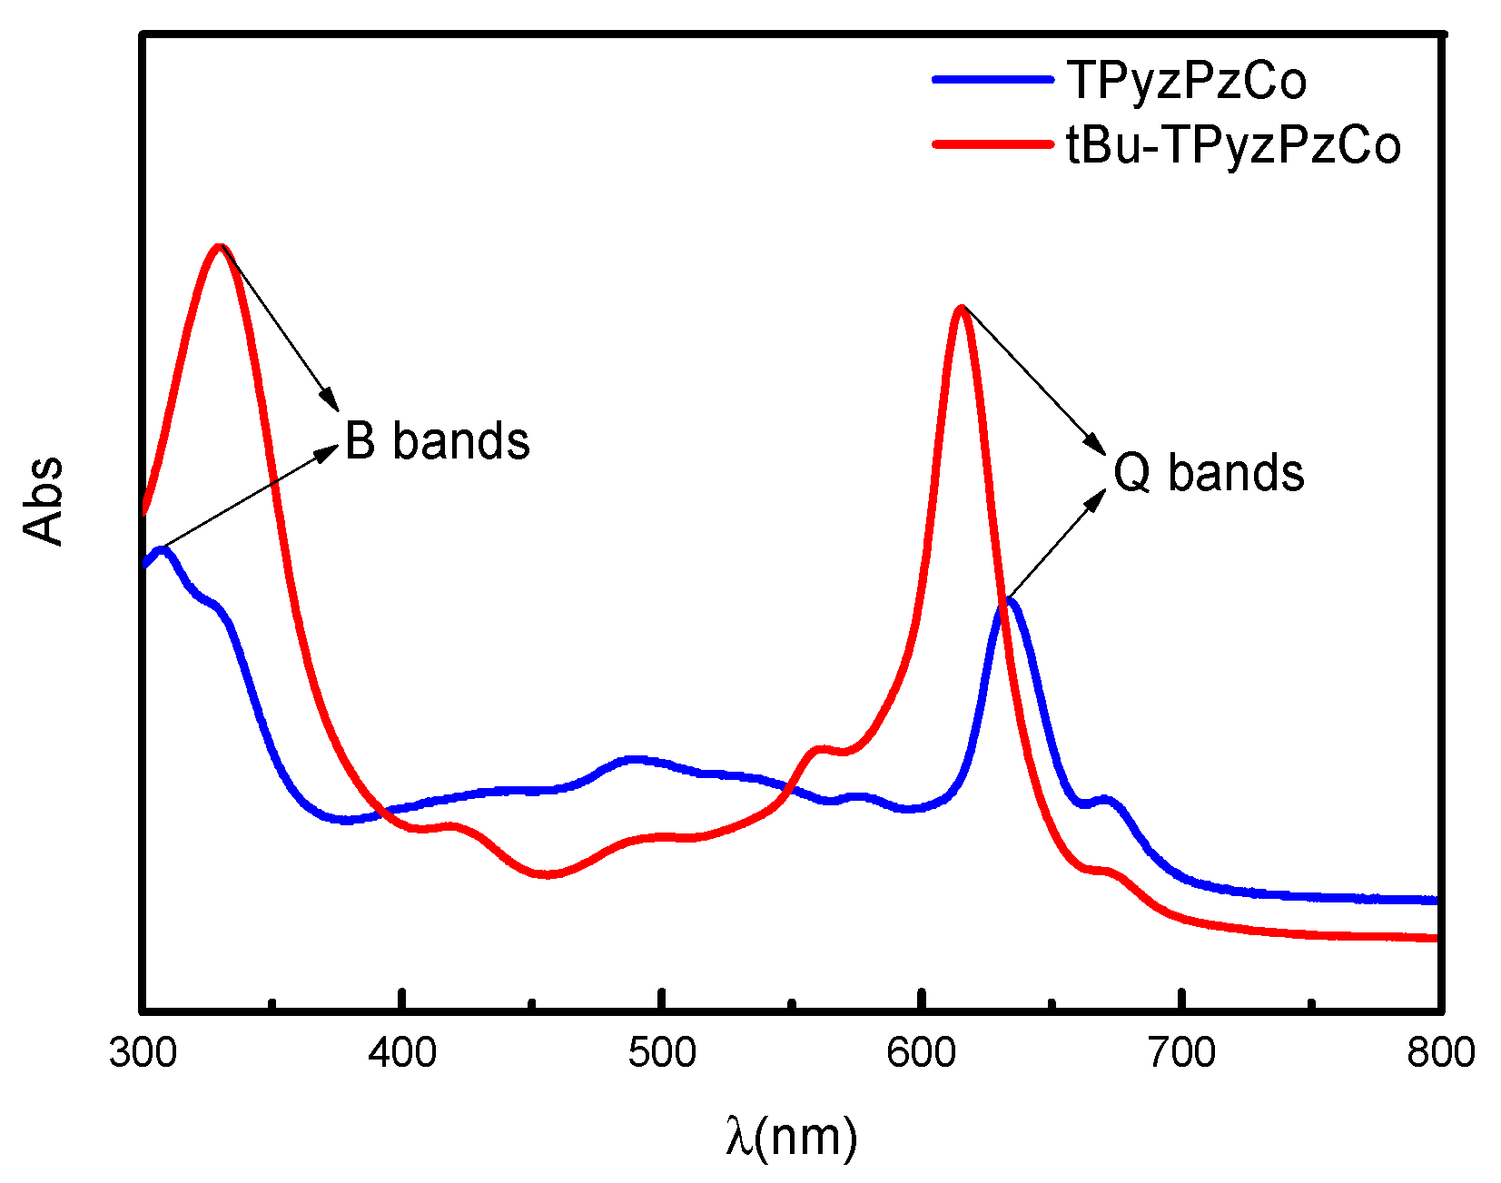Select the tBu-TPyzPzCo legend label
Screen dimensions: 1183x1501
pyautogui.click(x=1233, y=145)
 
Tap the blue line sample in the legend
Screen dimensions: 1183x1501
pyautogui.click(x=992, y=80)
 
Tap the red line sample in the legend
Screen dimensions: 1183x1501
pyautogui.click(x=992, y=144)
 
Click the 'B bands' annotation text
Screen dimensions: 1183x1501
pyautogui.click(x=437, y=442)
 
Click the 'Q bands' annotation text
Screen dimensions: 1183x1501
pyautogui.click(x=1209, y=473)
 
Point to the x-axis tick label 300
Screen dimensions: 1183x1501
pyautogui.click(x=143, y=1053)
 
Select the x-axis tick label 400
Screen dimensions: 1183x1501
pyautogui.click(x=402, y=1053)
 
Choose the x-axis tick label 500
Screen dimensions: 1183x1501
pyautogui.click(x=663, y=1053)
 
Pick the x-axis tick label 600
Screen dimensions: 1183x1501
pyautogui.click(x=922, y=1053)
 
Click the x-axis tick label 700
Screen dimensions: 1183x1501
pyautogui.click(x=1181, y=1053)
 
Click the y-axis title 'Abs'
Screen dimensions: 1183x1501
pyautogui.click(x=44, y=501)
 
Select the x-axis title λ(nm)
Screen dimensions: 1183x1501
pyautogui.click(x=791, y=1136)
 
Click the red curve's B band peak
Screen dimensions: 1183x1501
pyautogui.click(x=219, y=247)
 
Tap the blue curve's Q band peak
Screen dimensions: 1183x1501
pyautogui.click(x=1010, y=601)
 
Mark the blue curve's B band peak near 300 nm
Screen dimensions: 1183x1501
pyautogui.click(x=163, y=549)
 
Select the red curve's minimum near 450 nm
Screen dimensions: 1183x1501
pyautogui.click(x=545, y=874)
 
